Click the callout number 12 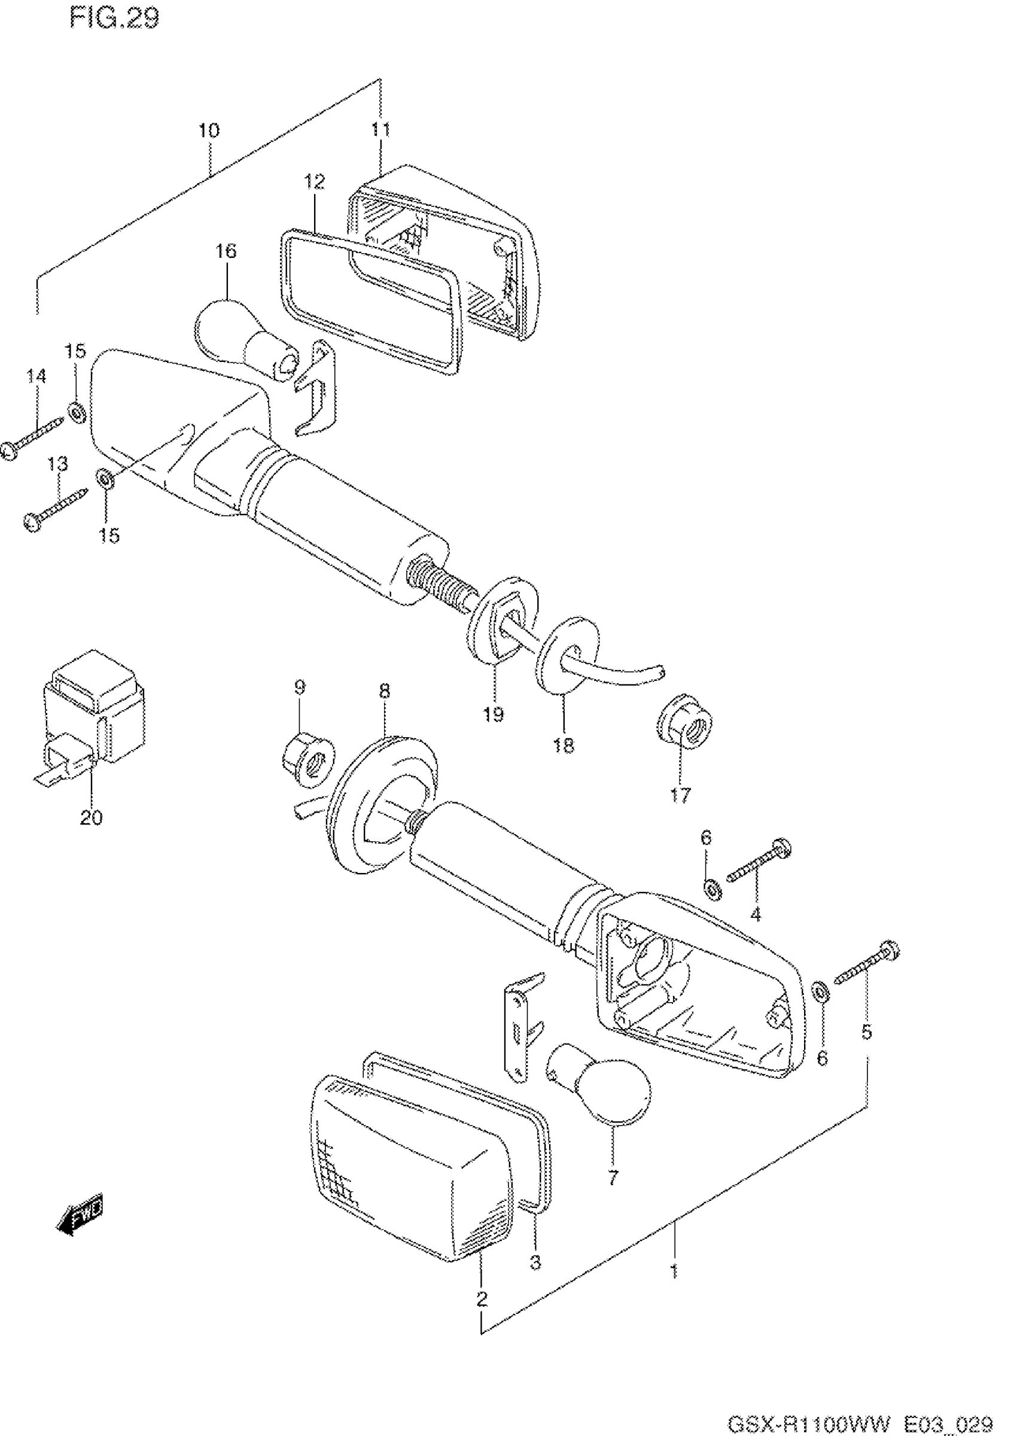(x=315, y=182)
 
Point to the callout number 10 (x=209, y=131)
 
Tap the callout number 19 (x=494, y=714)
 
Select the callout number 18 (x=564, y=746)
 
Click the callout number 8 (x=385, y=690)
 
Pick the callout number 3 (x=535, y=1262)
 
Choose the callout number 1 (x=674, y=1272)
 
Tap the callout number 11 (x=380, y=130)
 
